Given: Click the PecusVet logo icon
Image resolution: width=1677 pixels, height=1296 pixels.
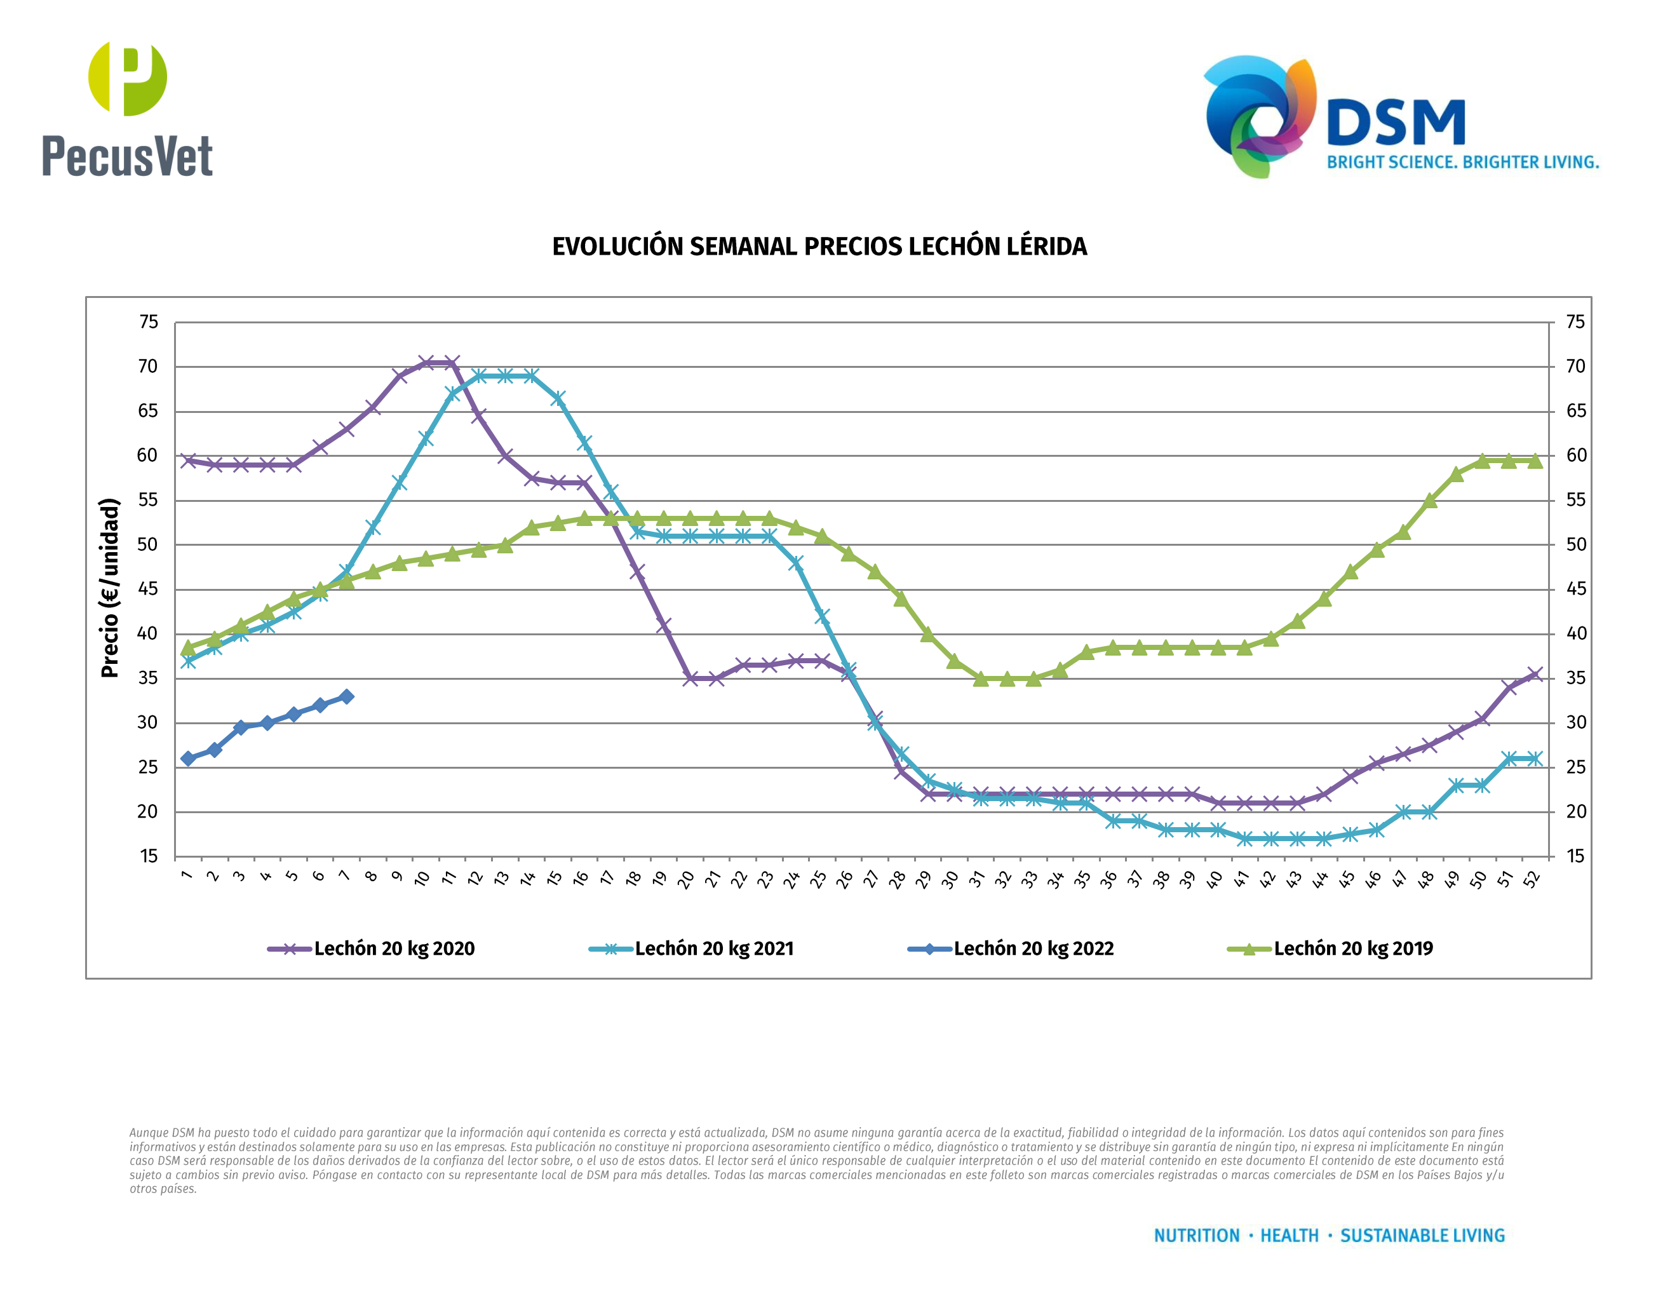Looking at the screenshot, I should pos(128,78).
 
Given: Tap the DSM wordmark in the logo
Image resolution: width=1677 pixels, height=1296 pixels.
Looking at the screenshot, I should pos(1395,123).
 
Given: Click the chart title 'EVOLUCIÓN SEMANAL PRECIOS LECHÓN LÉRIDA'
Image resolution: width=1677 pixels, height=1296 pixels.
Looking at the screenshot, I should pos(819,246).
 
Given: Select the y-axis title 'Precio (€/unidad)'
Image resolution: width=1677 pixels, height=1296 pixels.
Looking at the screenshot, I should pos(111,588).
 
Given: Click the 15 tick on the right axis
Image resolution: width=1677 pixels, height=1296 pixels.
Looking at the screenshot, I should pos(1575,856).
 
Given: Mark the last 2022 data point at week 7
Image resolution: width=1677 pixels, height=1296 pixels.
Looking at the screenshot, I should pos(346,696).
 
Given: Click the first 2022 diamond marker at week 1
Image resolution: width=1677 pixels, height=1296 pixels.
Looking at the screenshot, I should pos(188,759).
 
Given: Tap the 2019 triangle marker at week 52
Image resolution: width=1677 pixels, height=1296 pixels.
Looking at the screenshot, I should pos(1534,461).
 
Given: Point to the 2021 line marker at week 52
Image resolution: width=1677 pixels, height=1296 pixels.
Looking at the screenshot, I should pos(1534,759).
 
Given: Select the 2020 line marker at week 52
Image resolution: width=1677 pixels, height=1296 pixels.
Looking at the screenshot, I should pos(1534,674).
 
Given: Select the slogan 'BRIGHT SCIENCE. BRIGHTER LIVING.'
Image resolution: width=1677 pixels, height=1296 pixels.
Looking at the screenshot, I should pos(1463,163).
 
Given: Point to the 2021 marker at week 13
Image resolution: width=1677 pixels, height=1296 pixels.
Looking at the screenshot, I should pos(504,376).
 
